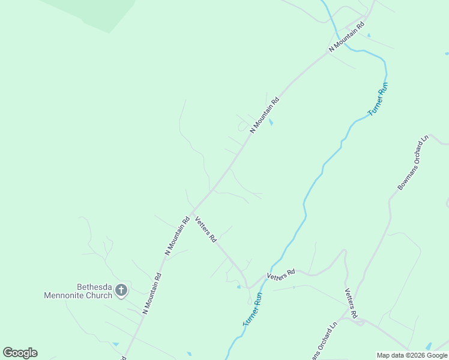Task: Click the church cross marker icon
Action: tap(121, 291)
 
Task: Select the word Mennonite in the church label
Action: tap(67, 295)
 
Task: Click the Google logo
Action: tap(20, 353)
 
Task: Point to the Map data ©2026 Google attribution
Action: tap(412, 355)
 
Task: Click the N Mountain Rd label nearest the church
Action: tap(152, 294)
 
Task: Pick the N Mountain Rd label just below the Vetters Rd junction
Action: tap(177, 236)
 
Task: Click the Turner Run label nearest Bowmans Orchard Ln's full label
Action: tap(379, 100)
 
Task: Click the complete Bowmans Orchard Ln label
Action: tap(414, 163)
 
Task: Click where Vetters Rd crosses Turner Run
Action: tap(264, 279)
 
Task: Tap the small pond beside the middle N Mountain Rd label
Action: tap(272, 122)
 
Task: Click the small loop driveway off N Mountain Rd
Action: tap(243, 126)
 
